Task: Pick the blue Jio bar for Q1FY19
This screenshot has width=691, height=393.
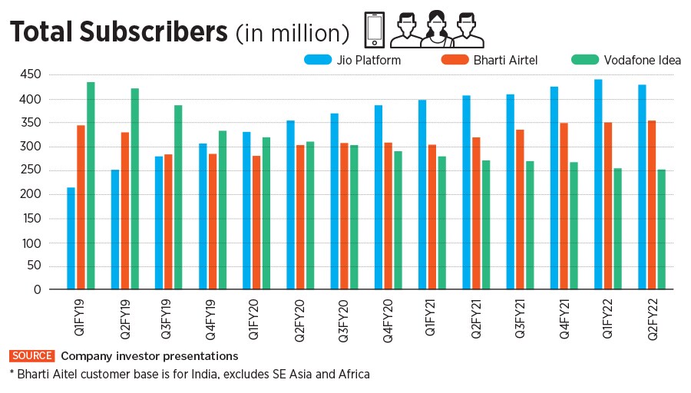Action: (71, 238)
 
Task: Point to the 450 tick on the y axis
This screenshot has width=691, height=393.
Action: (30, 74)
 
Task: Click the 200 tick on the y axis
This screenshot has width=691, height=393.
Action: (30, 194)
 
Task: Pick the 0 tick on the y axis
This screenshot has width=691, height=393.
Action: (36, 290)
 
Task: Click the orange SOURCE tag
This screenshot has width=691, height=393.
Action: (31, 356)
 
